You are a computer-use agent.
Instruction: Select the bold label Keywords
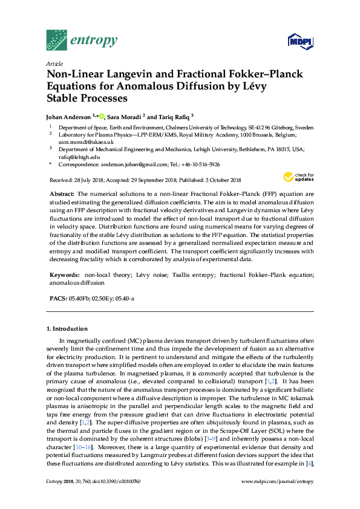point(64,274)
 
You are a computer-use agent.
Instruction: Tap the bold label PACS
point(57,299)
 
